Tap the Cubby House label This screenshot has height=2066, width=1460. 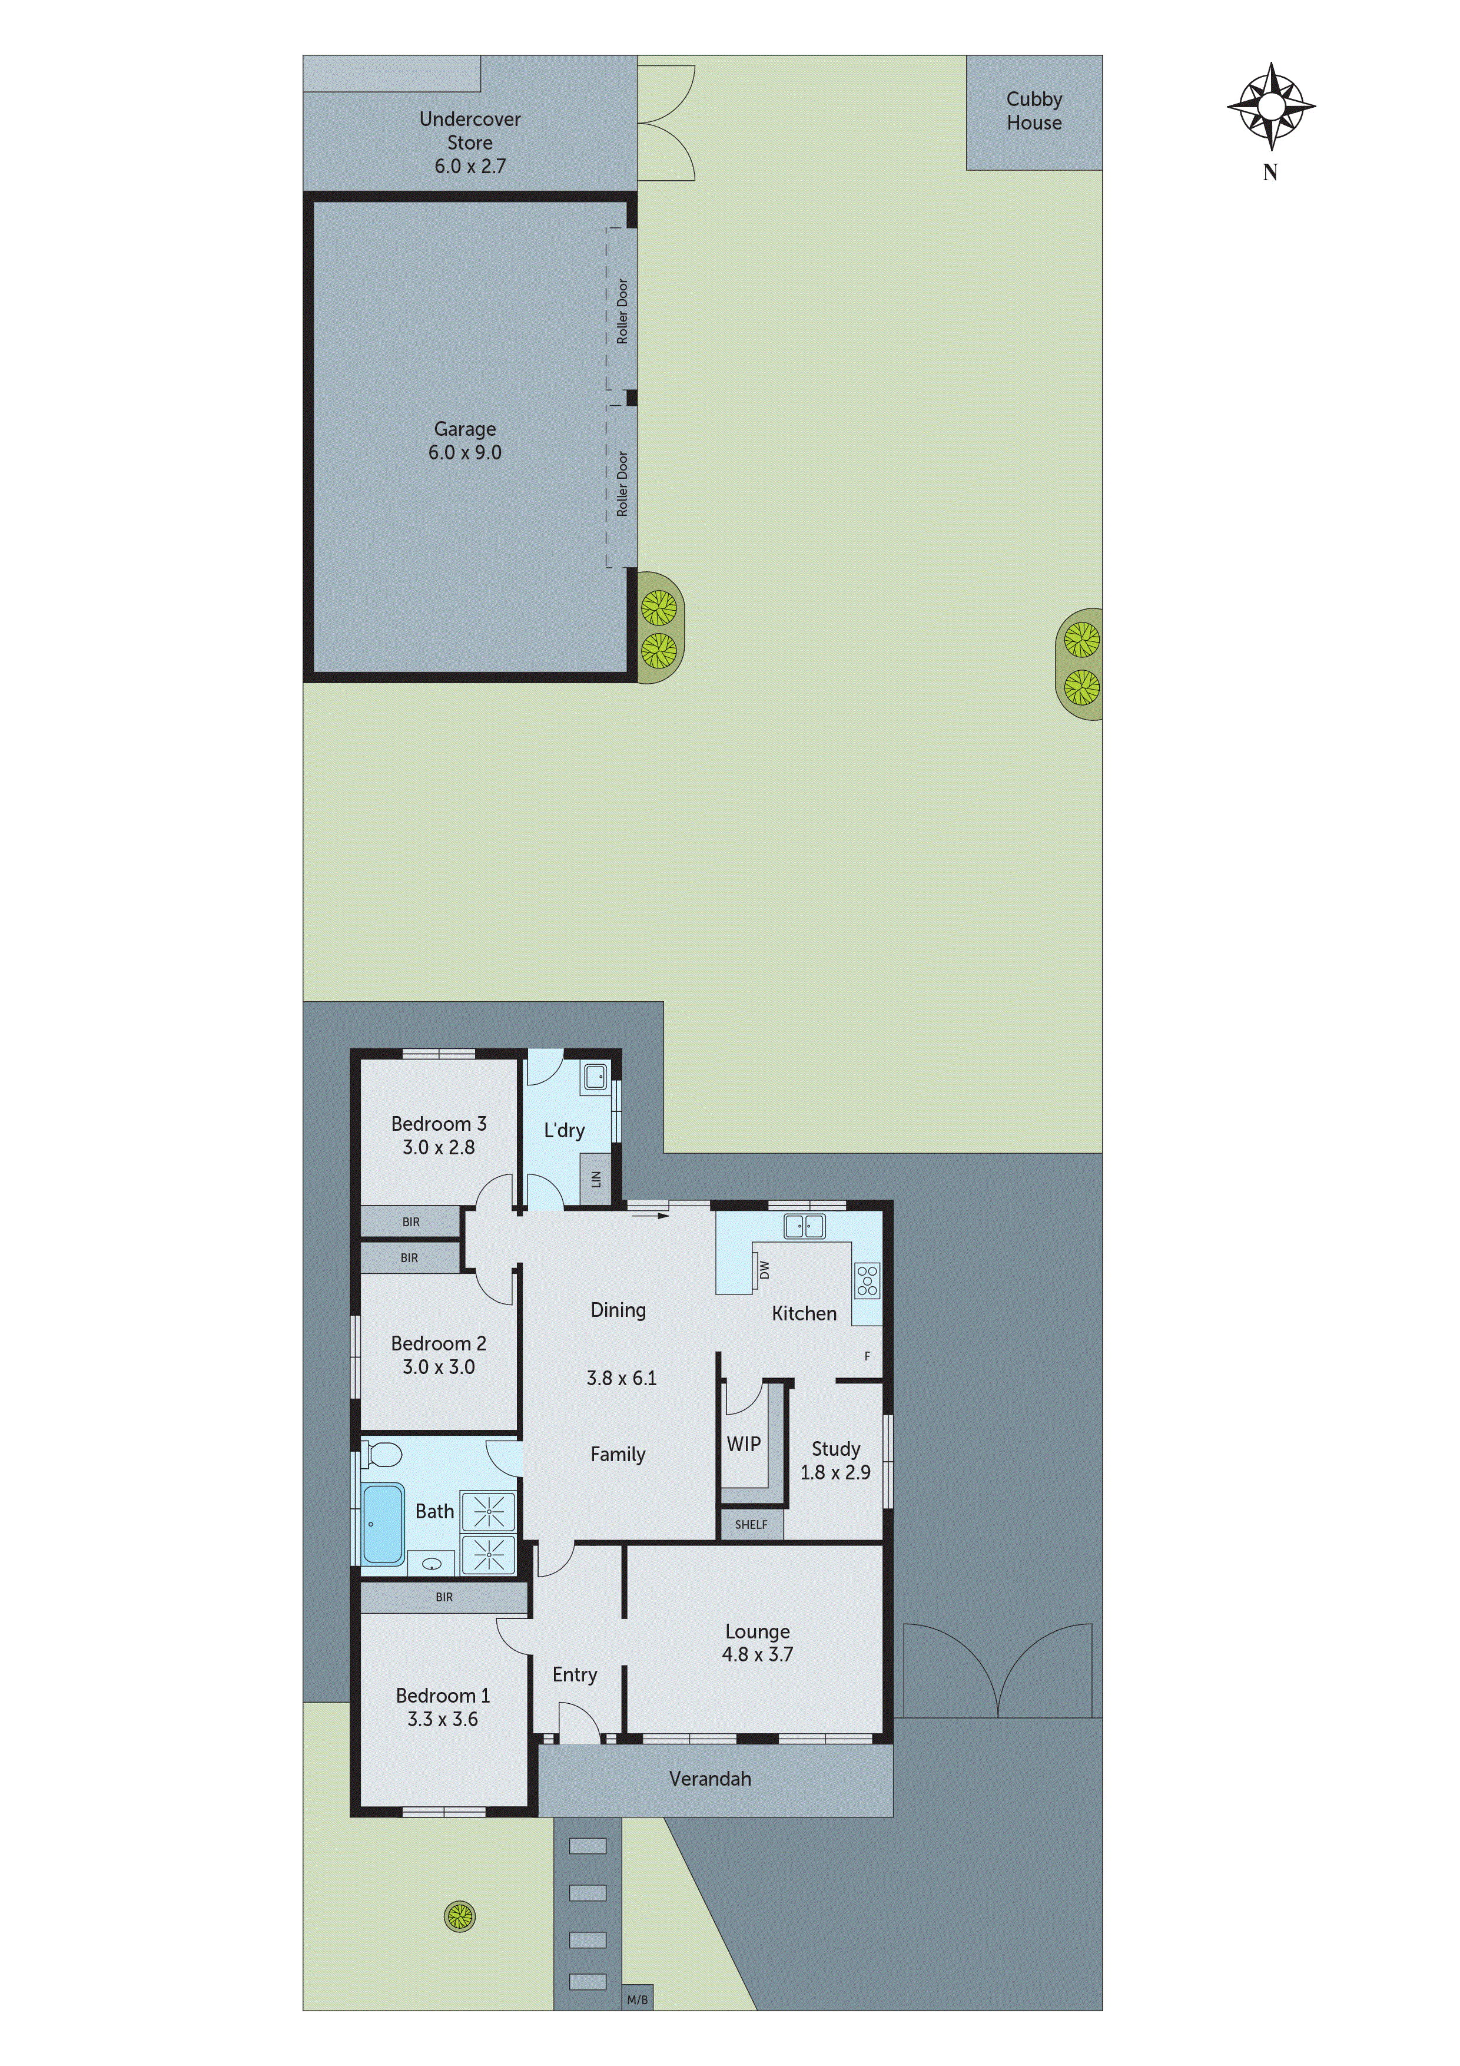click(x=1034, y=111)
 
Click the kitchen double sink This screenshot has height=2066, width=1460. click(x=804, y=1226)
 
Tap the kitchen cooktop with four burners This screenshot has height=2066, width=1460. click(x=867, y=1280)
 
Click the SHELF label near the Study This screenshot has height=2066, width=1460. click(x=751, y=1524)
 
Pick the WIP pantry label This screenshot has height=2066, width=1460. click(x=743, y=1443)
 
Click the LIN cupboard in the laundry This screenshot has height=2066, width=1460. click(x=596, y=1179)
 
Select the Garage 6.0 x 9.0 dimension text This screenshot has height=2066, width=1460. click(x=464, y=453)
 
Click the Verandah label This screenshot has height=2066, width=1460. click(x=710, y=1778)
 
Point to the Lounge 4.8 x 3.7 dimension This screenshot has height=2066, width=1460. click(x=758, y=1654)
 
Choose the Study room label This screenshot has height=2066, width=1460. click(x=836, y=1449)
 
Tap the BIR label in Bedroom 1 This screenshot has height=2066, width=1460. click(x=443, y=1597)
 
